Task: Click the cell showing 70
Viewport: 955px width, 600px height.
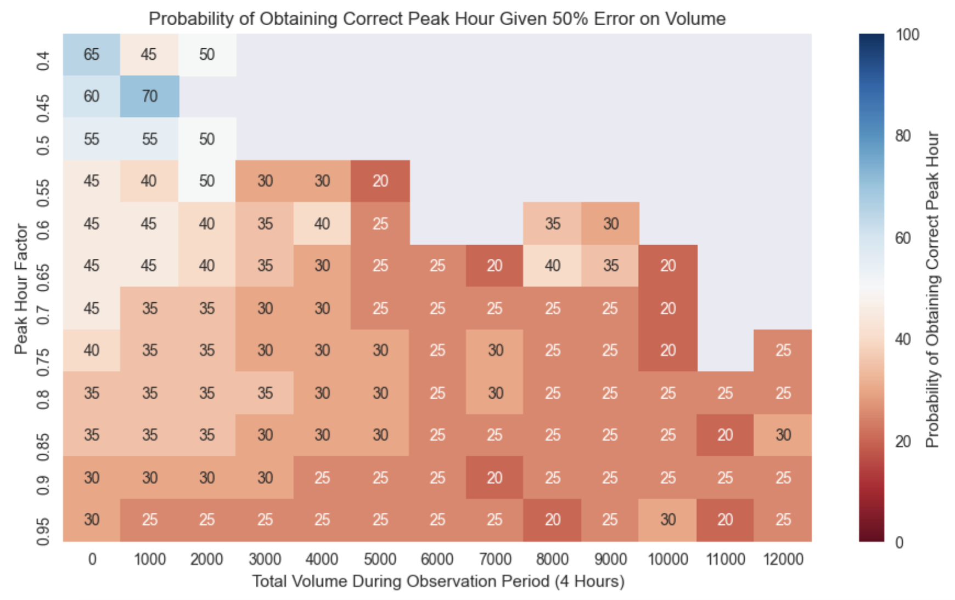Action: point(149,97)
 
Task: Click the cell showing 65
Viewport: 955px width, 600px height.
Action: point(92,54)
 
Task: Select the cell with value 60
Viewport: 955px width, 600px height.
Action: point(92,97)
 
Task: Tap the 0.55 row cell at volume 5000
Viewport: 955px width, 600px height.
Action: point(380,181)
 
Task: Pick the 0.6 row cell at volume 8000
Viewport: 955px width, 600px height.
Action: point(553,223)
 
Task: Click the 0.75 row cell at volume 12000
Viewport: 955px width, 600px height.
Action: point(783,350)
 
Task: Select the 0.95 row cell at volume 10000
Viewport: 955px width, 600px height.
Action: point(668,519)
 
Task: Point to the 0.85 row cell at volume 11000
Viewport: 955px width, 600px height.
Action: point(725,435)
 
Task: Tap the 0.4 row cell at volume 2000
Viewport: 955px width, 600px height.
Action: point(207,54)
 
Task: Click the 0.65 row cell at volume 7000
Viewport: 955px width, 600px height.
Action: point(495,265)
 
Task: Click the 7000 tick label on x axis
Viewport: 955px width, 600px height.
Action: point(495,559)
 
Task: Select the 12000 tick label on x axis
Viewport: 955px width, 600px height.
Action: point(783,559)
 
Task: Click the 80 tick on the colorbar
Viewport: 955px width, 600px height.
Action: point(903,136)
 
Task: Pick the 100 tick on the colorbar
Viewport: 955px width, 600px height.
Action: point(907,35)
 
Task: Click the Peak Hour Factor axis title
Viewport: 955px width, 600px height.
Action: point(21,288)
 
